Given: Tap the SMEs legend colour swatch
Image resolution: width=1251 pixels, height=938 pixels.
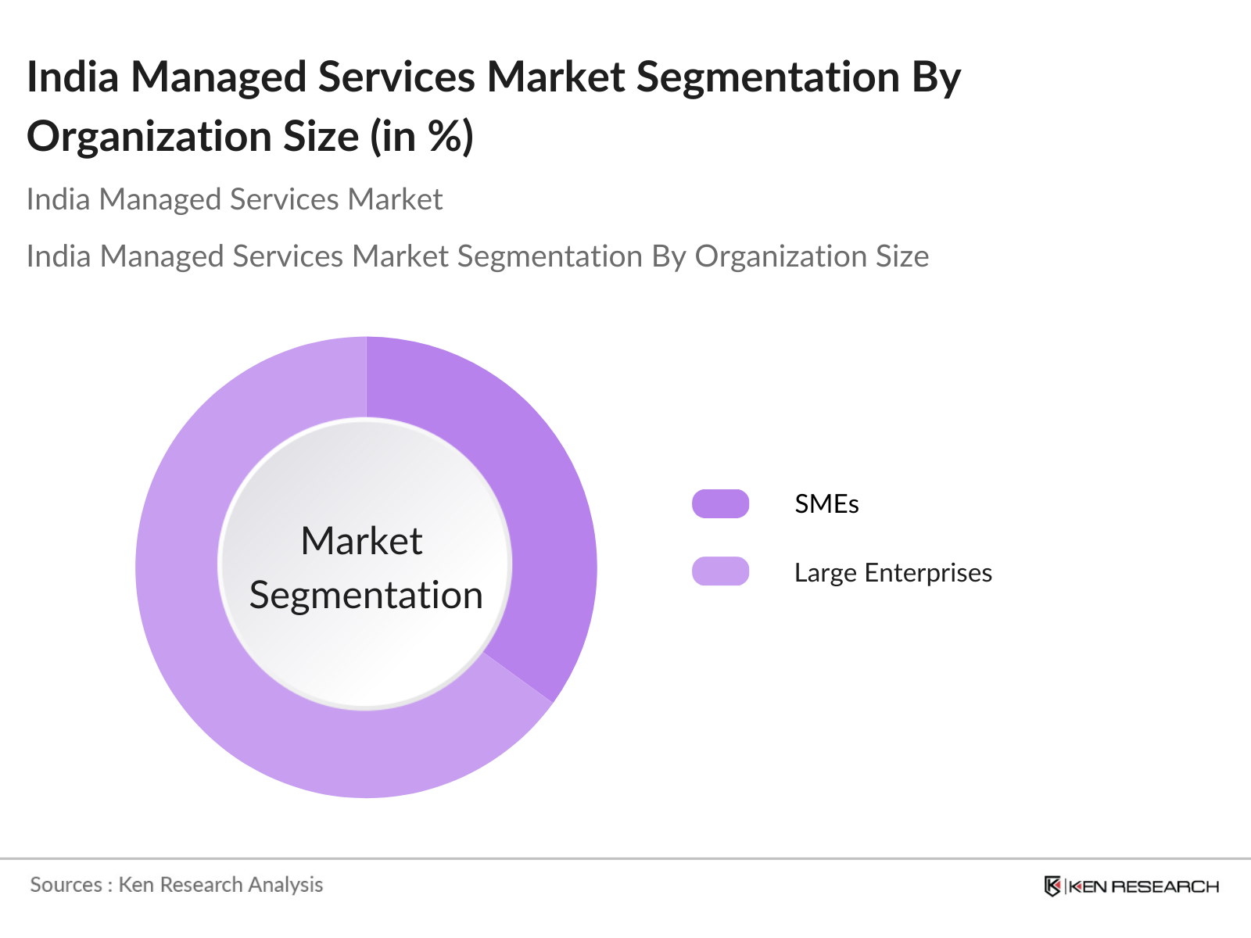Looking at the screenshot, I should (720, 503).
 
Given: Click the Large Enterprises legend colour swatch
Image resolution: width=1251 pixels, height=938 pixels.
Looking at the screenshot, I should (720, 571).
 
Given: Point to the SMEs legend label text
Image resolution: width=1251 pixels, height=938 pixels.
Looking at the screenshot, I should (826, 504).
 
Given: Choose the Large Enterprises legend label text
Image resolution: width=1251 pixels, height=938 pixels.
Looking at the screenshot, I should (893, 573).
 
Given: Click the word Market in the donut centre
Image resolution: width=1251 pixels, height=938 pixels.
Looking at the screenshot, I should (361, 541).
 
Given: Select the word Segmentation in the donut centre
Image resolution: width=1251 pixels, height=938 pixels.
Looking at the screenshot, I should (366, 595).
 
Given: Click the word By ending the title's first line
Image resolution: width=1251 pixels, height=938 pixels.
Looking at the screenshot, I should (936, 77).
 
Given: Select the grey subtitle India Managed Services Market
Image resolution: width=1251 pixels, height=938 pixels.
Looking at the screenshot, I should (235, 199).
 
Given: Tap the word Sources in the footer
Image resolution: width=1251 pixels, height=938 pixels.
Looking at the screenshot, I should (66, 885).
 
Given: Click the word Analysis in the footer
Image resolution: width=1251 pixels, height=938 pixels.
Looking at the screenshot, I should (285, 885).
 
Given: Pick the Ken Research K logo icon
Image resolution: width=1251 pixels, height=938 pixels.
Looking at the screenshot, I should (1052, 886).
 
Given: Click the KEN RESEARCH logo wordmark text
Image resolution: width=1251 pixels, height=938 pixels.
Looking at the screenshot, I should (1143, 886).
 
